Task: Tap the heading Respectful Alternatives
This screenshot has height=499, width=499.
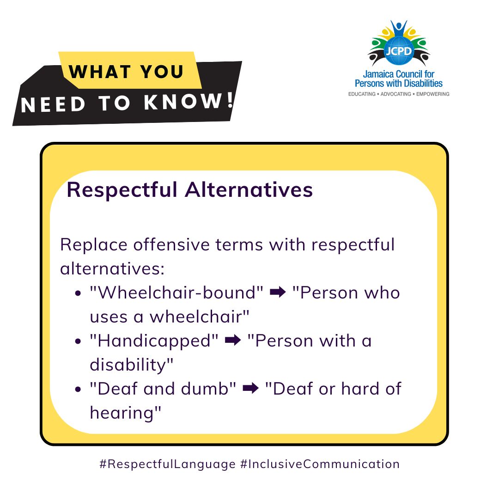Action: tap(190, 190)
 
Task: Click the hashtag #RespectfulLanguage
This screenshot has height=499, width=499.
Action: tap(167, 464)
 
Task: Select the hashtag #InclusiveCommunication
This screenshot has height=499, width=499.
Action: tap(320, 464)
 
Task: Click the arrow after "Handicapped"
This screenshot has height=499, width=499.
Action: tap(232, 341)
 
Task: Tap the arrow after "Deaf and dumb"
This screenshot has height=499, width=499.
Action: tap(250, 389)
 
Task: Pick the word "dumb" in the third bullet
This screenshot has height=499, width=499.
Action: tap(210, 389)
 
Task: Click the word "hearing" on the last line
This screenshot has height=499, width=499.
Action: tap(125, 413)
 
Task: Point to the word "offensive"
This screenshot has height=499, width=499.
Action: tap(173, 244)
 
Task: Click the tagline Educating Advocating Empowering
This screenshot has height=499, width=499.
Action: tap(398, 94)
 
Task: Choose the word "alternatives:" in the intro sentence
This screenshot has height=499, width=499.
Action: tap(112, 268)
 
